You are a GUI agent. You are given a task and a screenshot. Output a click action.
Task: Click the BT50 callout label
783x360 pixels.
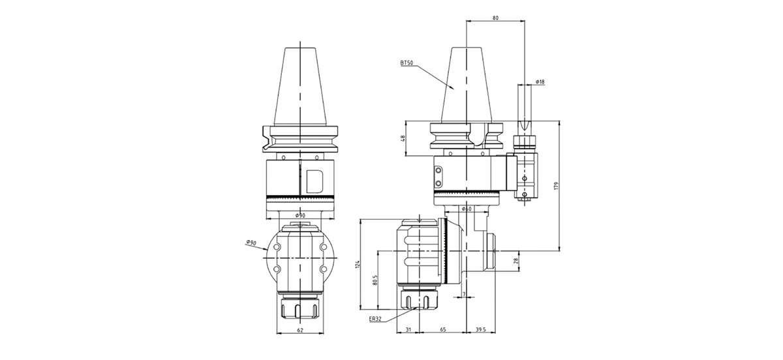coord(407,63)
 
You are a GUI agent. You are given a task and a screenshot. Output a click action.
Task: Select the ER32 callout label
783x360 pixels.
coord(375,319)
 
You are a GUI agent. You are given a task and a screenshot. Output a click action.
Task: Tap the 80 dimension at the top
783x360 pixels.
coord(496,18)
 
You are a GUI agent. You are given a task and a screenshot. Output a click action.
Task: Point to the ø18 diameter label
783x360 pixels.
coord(540,82)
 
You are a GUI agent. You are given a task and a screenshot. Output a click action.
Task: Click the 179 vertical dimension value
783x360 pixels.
coord(556,186)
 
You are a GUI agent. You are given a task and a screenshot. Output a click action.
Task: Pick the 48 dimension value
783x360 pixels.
coord(403,138)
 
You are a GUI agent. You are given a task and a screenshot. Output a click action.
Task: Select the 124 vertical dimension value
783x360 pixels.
coord(357,264)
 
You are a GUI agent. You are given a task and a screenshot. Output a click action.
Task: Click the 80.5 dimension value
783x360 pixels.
coord(375,280)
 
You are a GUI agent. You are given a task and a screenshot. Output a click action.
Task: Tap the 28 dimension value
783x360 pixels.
coord(515,262)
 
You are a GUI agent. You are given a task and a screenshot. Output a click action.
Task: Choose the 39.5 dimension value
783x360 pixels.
coord(481,329)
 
